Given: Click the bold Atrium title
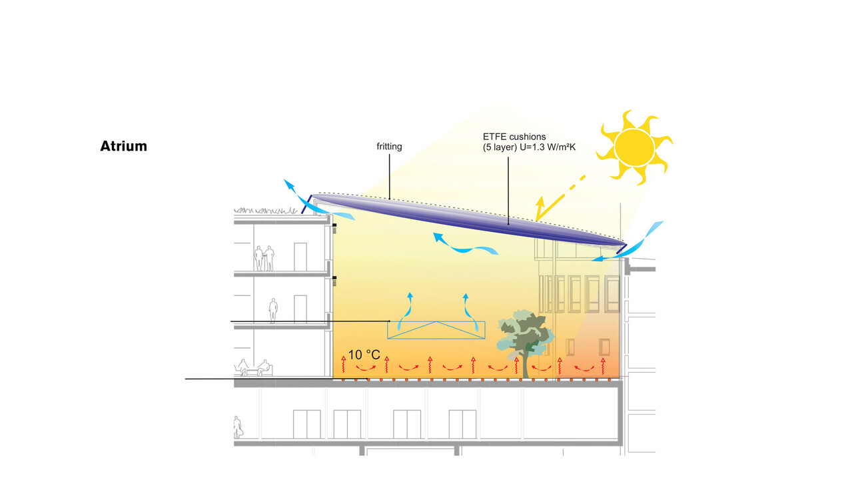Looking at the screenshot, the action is coord(124,146).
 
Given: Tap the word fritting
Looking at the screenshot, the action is coord(389,147).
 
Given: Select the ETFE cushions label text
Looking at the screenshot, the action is coord(514,137).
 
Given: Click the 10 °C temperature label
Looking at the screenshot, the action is coord(364,355).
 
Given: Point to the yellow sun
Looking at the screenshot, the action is coord(634,147).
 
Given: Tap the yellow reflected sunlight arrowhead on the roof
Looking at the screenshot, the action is coord(540,203).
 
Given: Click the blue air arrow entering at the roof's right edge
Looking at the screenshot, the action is coord(627,241).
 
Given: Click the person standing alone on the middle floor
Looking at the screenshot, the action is coord(273,310).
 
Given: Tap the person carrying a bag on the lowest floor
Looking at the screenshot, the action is coord(238,427).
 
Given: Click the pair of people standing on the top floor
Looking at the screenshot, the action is coord(264,259).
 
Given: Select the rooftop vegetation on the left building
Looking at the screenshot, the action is coord(266,211).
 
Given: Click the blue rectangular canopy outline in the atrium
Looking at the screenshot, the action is coord(436,330).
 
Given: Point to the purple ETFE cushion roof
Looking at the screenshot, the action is coord(469,220).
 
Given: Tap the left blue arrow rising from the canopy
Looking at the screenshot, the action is coord(404,311).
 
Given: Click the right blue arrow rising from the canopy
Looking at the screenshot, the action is coord(472,312).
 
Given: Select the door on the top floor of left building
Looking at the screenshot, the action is coord(300,257).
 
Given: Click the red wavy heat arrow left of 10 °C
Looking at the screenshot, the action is coord(343,365).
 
